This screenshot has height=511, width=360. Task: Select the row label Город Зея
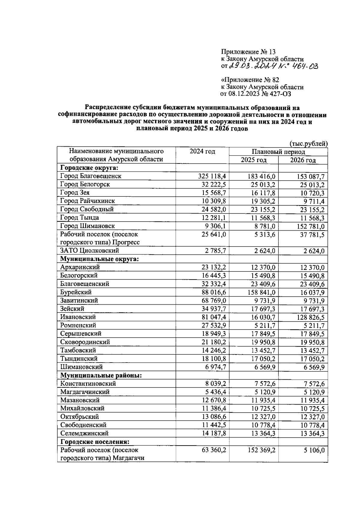(75, 193)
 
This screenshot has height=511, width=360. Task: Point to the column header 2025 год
(253, 160)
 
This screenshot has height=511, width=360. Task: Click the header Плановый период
(278, 152)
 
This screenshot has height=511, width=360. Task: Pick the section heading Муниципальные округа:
(100, 259)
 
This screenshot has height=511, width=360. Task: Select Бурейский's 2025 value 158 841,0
(260, 292)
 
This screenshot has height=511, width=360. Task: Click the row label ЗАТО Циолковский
(90, 250)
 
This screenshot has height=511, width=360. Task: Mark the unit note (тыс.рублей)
(308, 144)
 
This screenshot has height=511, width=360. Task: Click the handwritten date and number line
(269, 66)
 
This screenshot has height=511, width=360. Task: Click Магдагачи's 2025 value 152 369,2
(260, 450)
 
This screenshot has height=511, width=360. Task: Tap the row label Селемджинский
(84, 433)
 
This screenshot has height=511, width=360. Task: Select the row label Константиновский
(88, 384)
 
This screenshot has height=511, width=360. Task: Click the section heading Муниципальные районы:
(101, 375)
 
